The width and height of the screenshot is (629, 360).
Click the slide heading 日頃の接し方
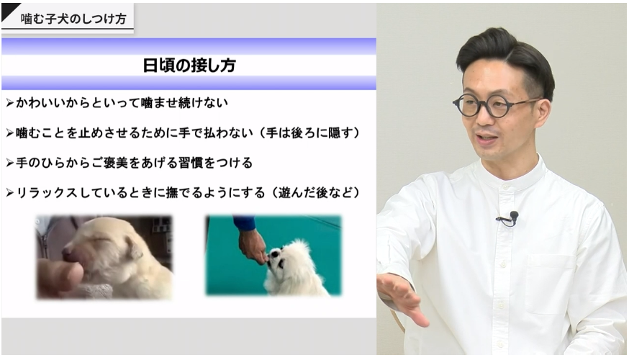[x=189, y=66]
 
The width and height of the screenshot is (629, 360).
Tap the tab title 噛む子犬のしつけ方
[x=73, y=19]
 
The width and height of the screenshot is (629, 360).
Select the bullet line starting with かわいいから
[x=117, y=103]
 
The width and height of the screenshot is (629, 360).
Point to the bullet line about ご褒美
[x=129, y=163]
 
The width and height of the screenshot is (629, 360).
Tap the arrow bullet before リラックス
[x=10, y=194]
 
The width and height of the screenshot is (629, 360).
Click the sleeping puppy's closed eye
[x=101, y=241]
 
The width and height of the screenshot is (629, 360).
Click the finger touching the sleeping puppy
[x=60, y=278]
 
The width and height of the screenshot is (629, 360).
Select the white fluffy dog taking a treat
[x=291, y=268]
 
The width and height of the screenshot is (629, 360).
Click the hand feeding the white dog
[x=252, y=246]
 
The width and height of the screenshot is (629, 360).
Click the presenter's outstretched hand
[x=401, y=297]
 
